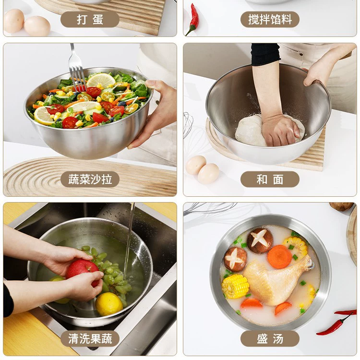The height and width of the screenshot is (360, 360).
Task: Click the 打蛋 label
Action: click(x=90, y=19)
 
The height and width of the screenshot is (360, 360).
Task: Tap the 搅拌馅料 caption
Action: click(x=270, y=19)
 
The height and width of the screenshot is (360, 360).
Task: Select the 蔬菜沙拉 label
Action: click(x=90, y=179)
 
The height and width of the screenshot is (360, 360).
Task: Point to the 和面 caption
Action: click(x=270, y=179)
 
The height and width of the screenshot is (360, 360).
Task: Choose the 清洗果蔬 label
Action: click(x=90, y=339)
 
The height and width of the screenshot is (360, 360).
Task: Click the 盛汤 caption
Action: click(x=270, y=339)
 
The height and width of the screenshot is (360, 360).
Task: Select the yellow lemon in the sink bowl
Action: click(x=109, y=304)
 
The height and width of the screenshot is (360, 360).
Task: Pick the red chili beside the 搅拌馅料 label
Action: click(x=193, y=20)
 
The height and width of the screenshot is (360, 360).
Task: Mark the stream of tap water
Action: click(x=129, y=241)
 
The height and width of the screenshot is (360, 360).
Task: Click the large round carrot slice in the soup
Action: click(x=279, y=257)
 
